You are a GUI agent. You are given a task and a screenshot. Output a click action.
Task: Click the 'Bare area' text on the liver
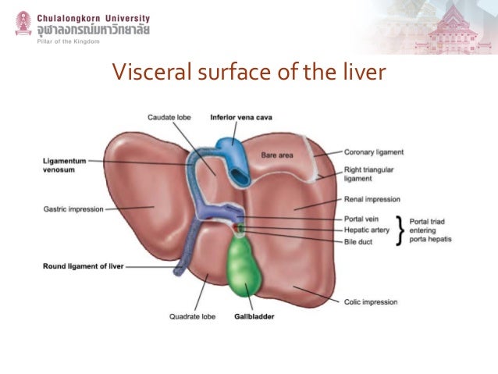pos(277,155)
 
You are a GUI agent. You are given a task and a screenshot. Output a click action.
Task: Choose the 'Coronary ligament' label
pos(374,152)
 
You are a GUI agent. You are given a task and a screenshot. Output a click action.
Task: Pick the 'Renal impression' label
pos(370,198)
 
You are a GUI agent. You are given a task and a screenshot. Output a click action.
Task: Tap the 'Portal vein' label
pos(361,219)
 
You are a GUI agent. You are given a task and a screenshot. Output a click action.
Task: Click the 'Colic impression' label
pos(371,302)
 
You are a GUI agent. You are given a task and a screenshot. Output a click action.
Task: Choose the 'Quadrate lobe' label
pos(190,317)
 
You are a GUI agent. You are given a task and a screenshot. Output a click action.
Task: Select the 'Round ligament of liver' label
pos(81,266)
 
